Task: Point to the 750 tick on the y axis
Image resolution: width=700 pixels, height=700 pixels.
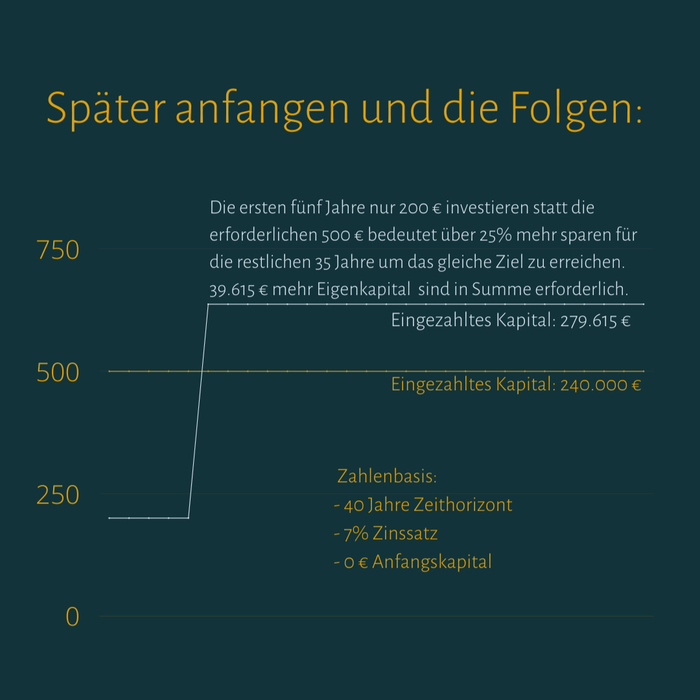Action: click(58, 250)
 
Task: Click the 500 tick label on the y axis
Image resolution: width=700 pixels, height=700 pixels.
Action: click(58, 373)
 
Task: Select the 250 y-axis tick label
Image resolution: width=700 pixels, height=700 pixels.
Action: click(58, 495)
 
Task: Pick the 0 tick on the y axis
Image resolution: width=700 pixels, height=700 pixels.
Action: click(72, 617)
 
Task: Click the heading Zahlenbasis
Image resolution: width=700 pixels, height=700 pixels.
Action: click(386, 476)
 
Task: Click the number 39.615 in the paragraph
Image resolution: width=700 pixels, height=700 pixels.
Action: click(231, 290)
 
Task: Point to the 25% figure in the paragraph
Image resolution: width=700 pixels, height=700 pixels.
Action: click(497, 235)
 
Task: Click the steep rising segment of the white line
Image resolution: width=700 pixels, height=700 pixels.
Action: click(198, 408)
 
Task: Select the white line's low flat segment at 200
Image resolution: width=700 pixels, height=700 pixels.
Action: click(148, 518)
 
